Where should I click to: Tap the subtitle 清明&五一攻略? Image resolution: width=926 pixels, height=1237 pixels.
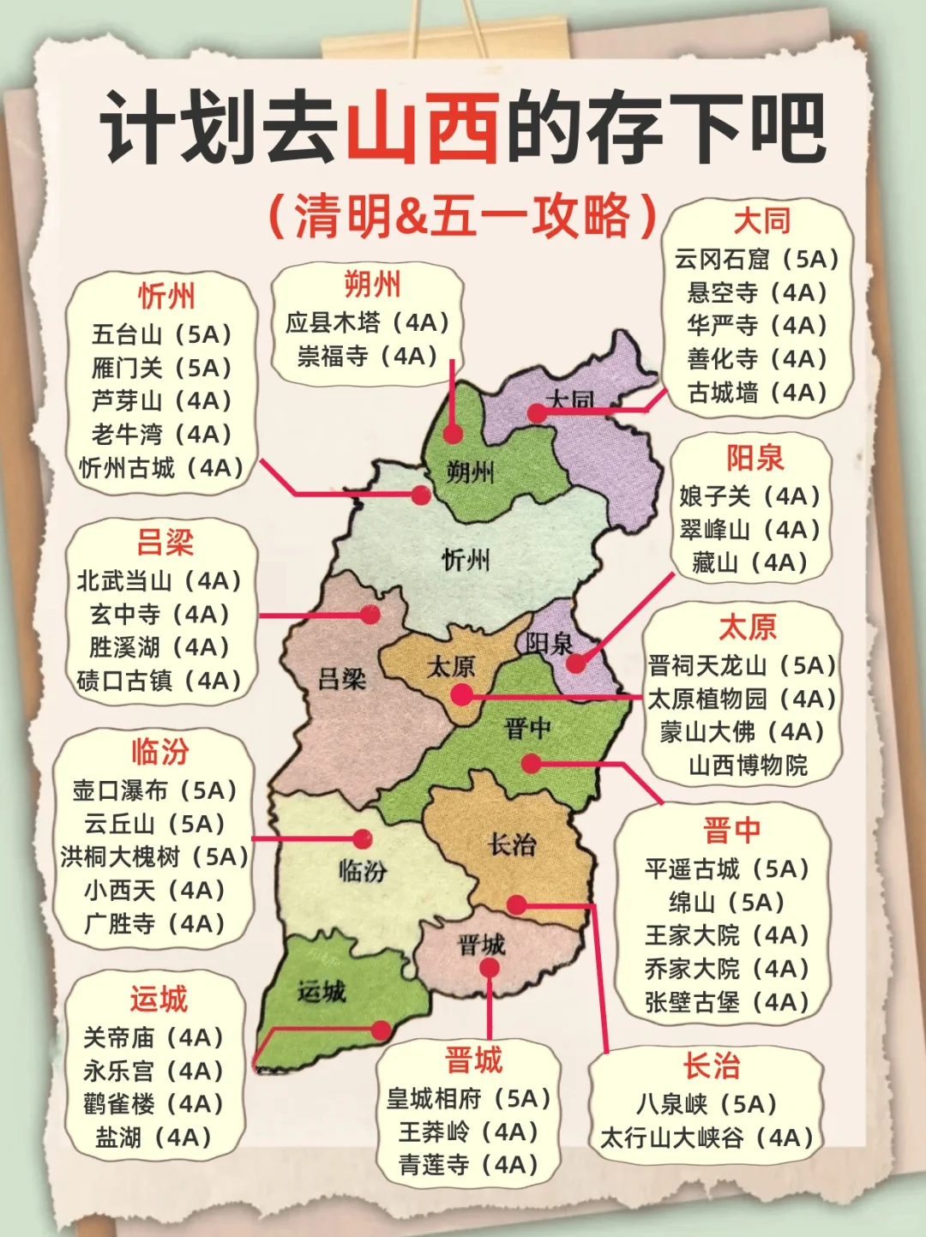click(463, 215)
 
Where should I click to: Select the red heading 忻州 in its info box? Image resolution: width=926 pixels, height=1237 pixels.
click(166, 296)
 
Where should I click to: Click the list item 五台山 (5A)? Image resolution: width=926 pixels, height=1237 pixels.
click(162, 334)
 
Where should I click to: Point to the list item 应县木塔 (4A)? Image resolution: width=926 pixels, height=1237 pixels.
click(368, 322)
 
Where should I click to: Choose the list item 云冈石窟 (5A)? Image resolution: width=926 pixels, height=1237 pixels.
click(756, 259)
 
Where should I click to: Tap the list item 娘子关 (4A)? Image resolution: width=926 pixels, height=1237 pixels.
click(750, 495)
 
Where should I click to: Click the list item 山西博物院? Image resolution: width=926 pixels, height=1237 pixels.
click(748, 765)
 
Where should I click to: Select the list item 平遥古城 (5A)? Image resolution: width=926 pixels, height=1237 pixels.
click(727, 868)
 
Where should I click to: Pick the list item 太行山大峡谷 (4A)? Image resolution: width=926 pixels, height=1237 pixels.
click(707, 1138)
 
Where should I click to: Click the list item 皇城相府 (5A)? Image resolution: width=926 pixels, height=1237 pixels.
click(468, 1098)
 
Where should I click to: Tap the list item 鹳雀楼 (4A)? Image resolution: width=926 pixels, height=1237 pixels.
click(153, 1103)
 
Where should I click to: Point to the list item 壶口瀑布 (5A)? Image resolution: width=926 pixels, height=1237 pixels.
click(154, 790)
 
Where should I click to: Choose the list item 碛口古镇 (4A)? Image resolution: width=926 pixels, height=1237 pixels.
click(159, 681)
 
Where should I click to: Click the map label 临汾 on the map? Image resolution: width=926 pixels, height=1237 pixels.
click(362, 871)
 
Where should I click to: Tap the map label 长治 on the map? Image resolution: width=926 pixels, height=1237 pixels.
click(512, 845)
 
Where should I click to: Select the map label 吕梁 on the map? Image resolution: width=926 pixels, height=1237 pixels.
click(341, 680)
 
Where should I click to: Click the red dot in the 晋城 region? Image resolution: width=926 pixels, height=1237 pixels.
click(490, 968)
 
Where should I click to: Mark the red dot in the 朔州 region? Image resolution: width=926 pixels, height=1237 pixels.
click(453, 434)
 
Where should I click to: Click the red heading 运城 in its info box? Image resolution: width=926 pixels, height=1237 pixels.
click(159, 1000)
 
